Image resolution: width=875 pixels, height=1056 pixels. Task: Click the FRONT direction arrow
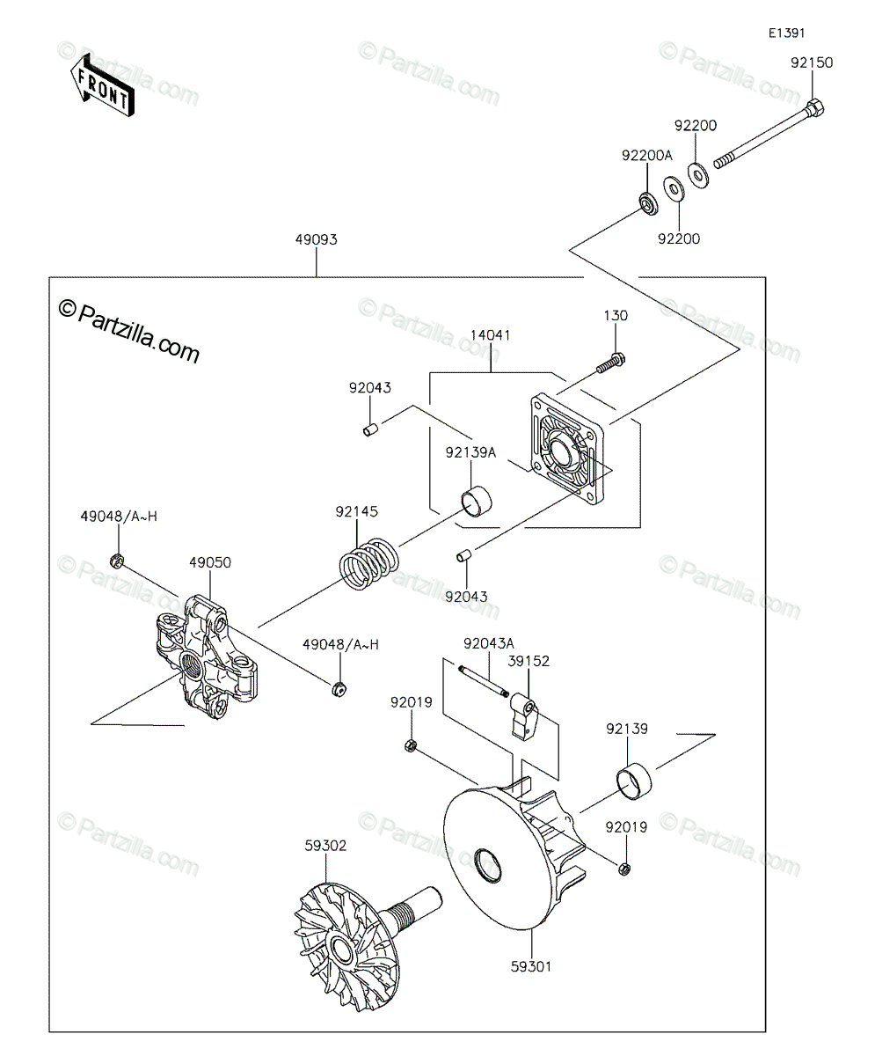[x=102, y=85]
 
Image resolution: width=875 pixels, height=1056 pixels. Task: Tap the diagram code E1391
[x=786, y=33]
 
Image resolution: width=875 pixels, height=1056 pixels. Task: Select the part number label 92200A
[x=647, y=155]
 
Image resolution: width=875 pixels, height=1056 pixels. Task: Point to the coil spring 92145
[x=368, y=563]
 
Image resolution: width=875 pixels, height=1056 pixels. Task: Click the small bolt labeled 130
[x=610, y=363]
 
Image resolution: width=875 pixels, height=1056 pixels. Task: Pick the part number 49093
[x=317, y=239]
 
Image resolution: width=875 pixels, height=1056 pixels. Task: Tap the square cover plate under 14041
[x=568, y=449]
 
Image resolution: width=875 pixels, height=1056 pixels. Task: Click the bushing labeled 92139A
[x=477, y=502]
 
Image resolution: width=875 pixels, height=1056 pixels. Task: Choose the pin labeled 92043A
[x=484, y=682]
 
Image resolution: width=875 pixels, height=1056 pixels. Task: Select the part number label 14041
[x=491, y=335]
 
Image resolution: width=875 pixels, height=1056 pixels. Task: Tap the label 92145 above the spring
[x=357, y=512]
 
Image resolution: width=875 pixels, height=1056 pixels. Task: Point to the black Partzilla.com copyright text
[x=129, y=331]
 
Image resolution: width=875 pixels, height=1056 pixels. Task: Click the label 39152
[x=529, y=661]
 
